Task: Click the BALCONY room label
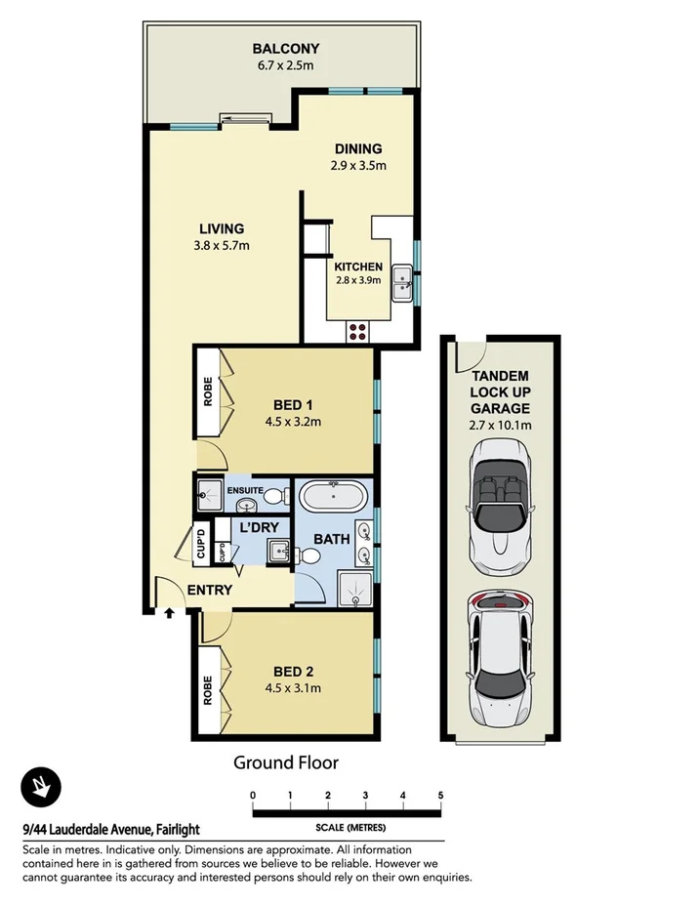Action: tap(286, 48)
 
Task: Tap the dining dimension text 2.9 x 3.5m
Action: tap(357, 166)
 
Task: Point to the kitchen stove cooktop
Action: tap(357, 330)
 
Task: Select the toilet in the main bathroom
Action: tap(308, 555)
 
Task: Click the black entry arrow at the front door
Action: tap(170, 614)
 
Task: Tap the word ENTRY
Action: tap(209, 590)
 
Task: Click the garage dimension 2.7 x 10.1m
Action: tap(499, 425)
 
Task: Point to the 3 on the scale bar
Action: tap(365, 795)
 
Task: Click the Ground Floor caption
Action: tap(285, 762)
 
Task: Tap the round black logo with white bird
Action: tap(41, 788)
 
